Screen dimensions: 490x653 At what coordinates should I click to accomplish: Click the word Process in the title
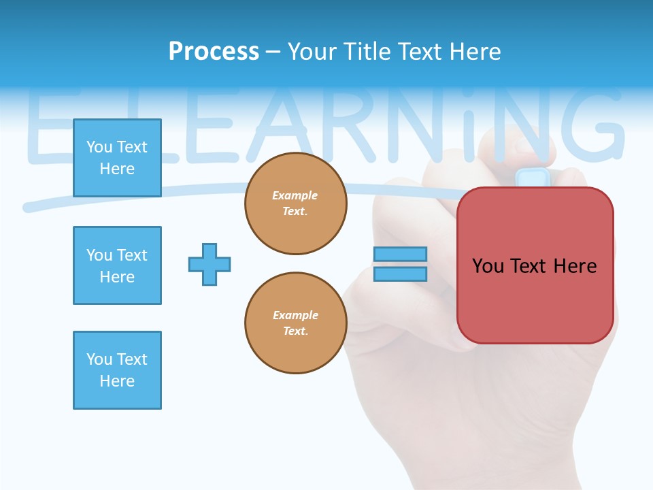coord(214,51)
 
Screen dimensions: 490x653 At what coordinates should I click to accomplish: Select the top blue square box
coord(117,158)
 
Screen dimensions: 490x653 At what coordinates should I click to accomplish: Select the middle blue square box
coord(117,265)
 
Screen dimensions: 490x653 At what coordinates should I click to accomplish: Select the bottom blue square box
coord(117,370)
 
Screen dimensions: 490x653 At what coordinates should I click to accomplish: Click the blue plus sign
coord(210,264)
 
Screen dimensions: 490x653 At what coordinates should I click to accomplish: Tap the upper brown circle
coord(295,203)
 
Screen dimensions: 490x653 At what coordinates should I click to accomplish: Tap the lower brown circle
coord(295,323)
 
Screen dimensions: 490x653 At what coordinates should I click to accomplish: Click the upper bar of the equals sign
coord(400,254)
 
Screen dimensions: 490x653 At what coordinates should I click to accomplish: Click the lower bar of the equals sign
coord(400,274)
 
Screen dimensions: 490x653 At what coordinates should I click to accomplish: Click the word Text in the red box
coord(533,265)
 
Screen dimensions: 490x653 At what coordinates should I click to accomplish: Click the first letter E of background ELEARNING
coord(48,126)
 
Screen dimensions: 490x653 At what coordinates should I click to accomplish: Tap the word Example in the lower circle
coord(295,315)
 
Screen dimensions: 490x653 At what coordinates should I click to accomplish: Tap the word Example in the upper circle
coord(295,195)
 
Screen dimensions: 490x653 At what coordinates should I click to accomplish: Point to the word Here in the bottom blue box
coord(117,381)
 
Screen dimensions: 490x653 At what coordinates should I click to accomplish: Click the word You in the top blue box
coord(99,147)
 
